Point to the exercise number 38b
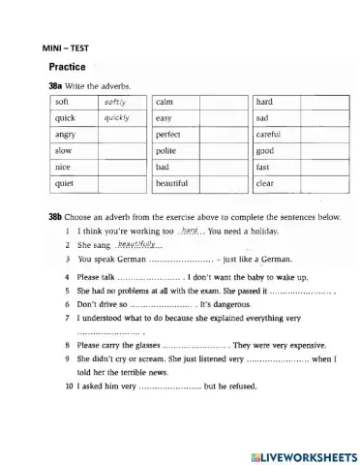click(56, 217)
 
